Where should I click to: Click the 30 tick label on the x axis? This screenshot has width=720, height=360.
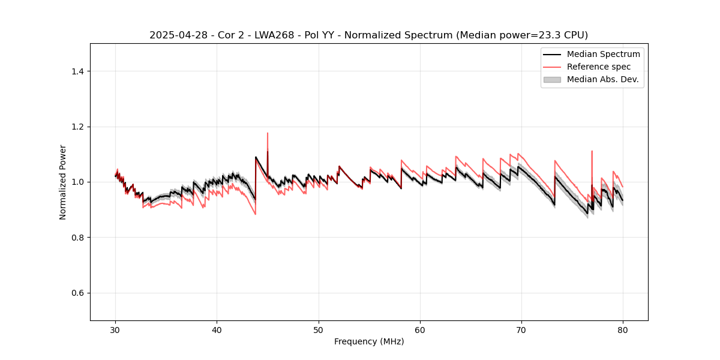(116, 330)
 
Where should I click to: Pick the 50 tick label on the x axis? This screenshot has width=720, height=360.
(319, 330)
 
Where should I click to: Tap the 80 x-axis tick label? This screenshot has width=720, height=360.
(623, 330)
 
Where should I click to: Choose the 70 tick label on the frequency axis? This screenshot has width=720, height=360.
(521, 330)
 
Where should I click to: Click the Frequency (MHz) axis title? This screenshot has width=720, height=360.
(369, 342)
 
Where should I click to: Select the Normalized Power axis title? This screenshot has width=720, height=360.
(63, 182)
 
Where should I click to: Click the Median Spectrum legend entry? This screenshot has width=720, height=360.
(603, 54)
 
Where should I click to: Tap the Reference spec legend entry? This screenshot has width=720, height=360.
(598, 67)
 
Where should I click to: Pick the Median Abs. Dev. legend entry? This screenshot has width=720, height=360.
(602, 79)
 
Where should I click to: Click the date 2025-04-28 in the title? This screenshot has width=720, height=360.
(175, 35)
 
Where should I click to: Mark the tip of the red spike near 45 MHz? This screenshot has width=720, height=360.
(268, 133)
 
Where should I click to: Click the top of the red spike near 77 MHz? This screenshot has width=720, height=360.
(592, 151)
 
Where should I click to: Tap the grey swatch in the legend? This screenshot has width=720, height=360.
(552, 79)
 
